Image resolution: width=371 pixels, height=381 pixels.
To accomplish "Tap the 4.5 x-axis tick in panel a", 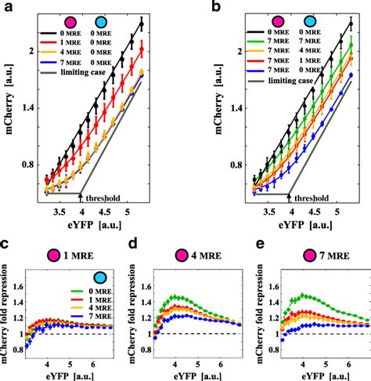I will [115, 212].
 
